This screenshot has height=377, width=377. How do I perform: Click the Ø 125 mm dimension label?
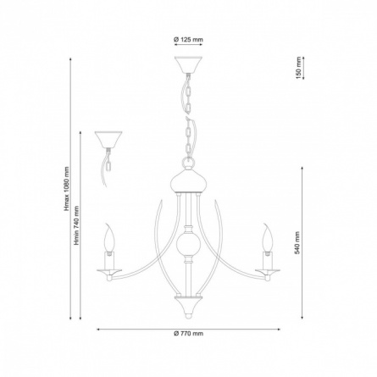tap(188, 39)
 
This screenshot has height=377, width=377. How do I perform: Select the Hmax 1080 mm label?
tap(67, 189)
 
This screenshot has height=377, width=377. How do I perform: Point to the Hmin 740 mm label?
tap(76, 225)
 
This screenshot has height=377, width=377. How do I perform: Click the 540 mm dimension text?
tap(297, 243)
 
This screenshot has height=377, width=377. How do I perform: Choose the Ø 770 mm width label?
tap(188, 334)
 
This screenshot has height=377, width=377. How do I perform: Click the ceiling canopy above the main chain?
tap(188, 64)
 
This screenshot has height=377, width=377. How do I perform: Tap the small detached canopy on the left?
tap(108, 140)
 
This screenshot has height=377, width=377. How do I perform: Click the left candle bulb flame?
tap(109, 237)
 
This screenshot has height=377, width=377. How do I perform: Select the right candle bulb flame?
tap(268, 237)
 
